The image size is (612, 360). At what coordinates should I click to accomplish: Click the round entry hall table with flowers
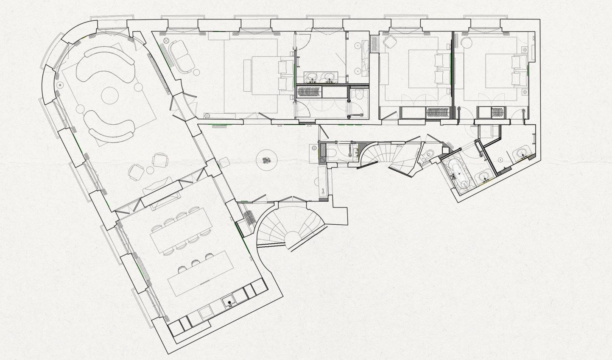266,160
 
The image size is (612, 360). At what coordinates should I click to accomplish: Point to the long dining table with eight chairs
181,232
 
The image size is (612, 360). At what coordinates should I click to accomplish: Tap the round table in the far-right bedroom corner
467,43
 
